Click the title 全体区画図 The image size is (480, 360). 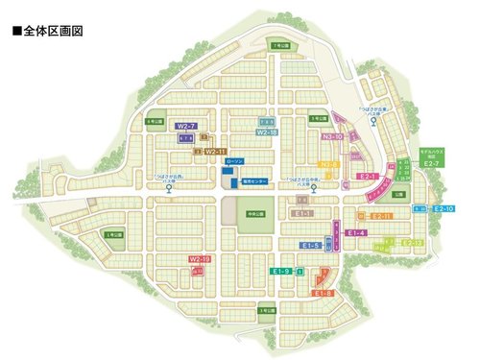(x=48, y=31)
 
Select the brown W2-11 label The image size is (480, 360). (x=215, y=152)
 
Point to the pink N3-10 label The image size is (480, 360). (x=332, y=137)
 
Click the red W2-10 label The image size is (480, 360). (x=200, y=259)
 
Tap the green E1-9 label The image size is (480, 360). (x=280, y=272)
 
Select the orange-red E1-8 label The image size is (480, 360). (x=323, y=293)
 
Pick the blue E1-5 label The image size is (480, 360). (x=310, y=246)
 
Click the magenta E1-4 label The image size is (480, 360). (x=356, y=232)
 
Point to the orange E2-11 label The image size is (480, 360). (x=381, y=216)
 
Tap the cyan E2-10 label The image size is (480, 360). (x=444, y=208)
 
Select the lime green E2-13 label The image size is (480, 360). (x=413, y=243)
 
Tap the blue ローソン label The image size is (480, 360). (x=234, y=161)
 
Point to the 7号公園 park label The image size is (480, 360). (x=279, y=46)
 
